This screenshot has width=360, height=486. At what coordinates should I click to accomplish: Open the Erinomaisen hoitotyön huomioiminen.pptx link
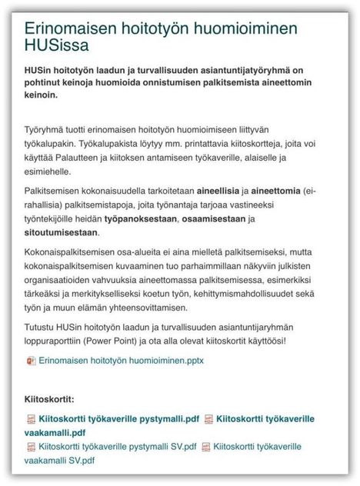pyautogui.click(x=121, y=361)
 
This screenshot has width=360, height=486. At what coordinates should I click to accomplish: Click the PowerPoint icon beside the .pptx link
pyautogui.click(x=31, y=361)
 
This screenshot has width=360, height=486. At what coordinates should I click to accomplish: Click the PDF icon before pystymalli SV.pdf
pyautogui.click(x=31, y=447)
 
